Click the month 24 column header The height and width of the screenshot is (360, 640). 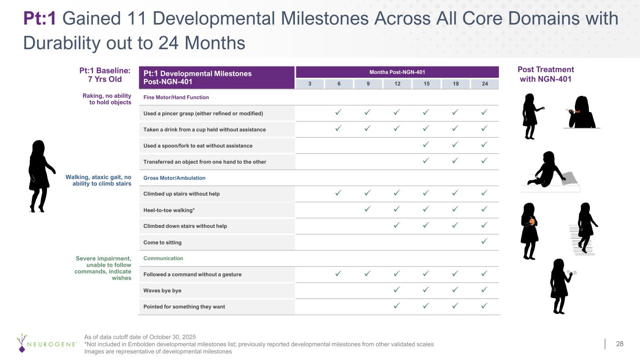tap(485, 84)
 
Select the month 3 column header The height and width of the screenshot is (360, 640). tap(309, 84)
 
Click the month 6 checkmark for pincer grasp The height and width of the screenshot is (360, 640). tap(338, 112)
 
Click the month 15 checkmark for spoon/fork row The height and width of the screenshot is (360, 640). tap(426, 145)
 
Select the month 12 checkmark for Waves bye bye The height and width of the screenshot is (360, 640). tap(397, 290)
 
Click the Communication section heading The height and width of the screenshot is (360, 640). tap(163, 258)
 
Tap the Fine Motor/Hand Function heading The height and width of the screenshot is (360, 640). tap(176, 97)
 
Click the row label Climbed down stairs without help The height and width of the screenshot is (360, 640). tap(185, 226)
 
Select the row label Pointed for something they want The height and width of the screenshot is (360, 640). tap(184, 307)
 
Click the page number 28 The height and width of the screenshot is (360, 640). tap(619, 344)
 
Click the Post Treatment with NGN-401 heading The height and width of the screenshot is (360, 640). tap(545, 74)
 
